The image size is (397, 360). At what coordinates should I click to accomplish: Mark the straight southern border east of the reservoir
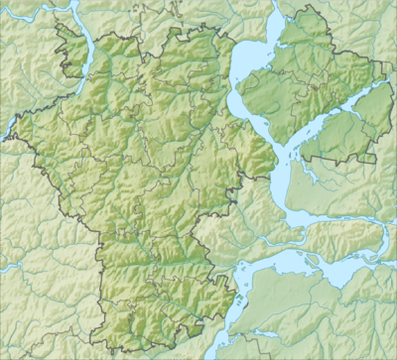337,158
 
